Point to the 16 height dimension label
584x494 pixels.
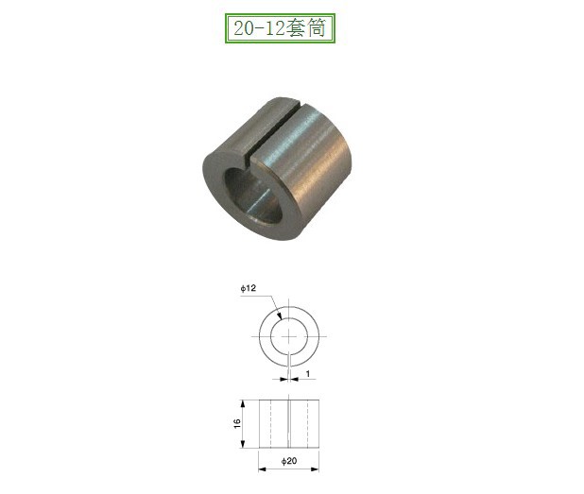[239, 422]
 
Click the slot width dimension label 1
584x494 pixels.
[308, 375]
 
